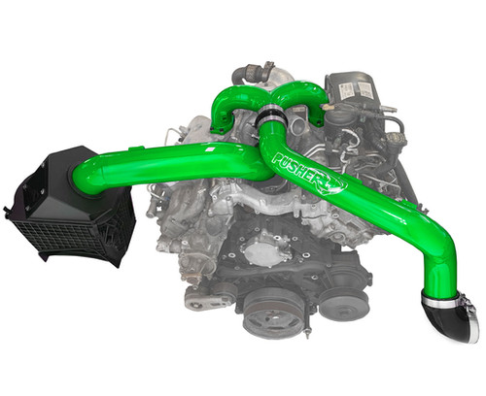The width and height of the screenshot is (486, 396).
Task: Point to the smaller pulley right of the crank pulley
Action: [x=335, y=303]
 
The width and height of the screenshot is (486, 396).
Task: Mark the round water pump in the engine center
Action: [x=258, y=250]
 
